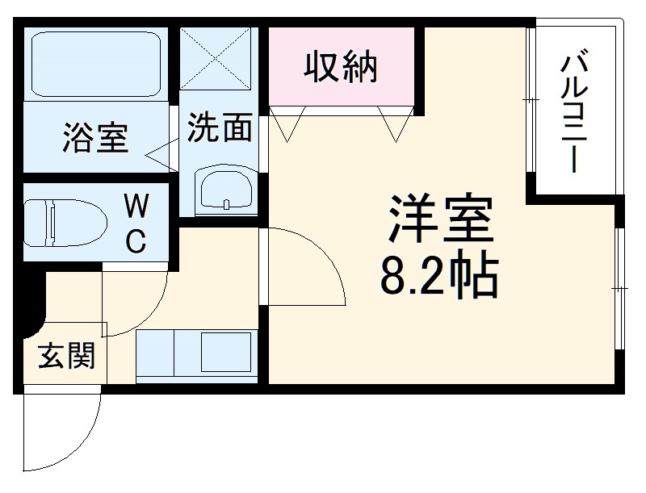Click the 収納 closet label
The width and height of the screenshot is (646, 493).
click(x=341, y=67)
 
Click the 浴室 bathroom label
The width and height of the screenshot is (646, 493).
click(x=95, y=138)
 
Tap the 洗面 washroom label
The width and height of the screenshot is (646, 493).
click(x=220, y=127)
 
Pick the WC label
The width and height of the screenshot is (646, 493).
click(x=135, y=224)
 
